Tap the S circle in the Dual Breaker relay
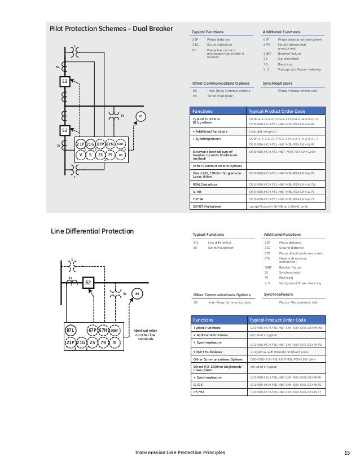tap(90, 155)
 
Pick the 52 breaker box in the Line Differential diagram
tap(88, 282)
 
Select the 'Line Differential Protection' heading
tap(91, 231)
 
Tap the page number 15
tap(346, 452)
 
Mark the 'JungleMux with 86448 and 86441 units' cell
tap(280, 223)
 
